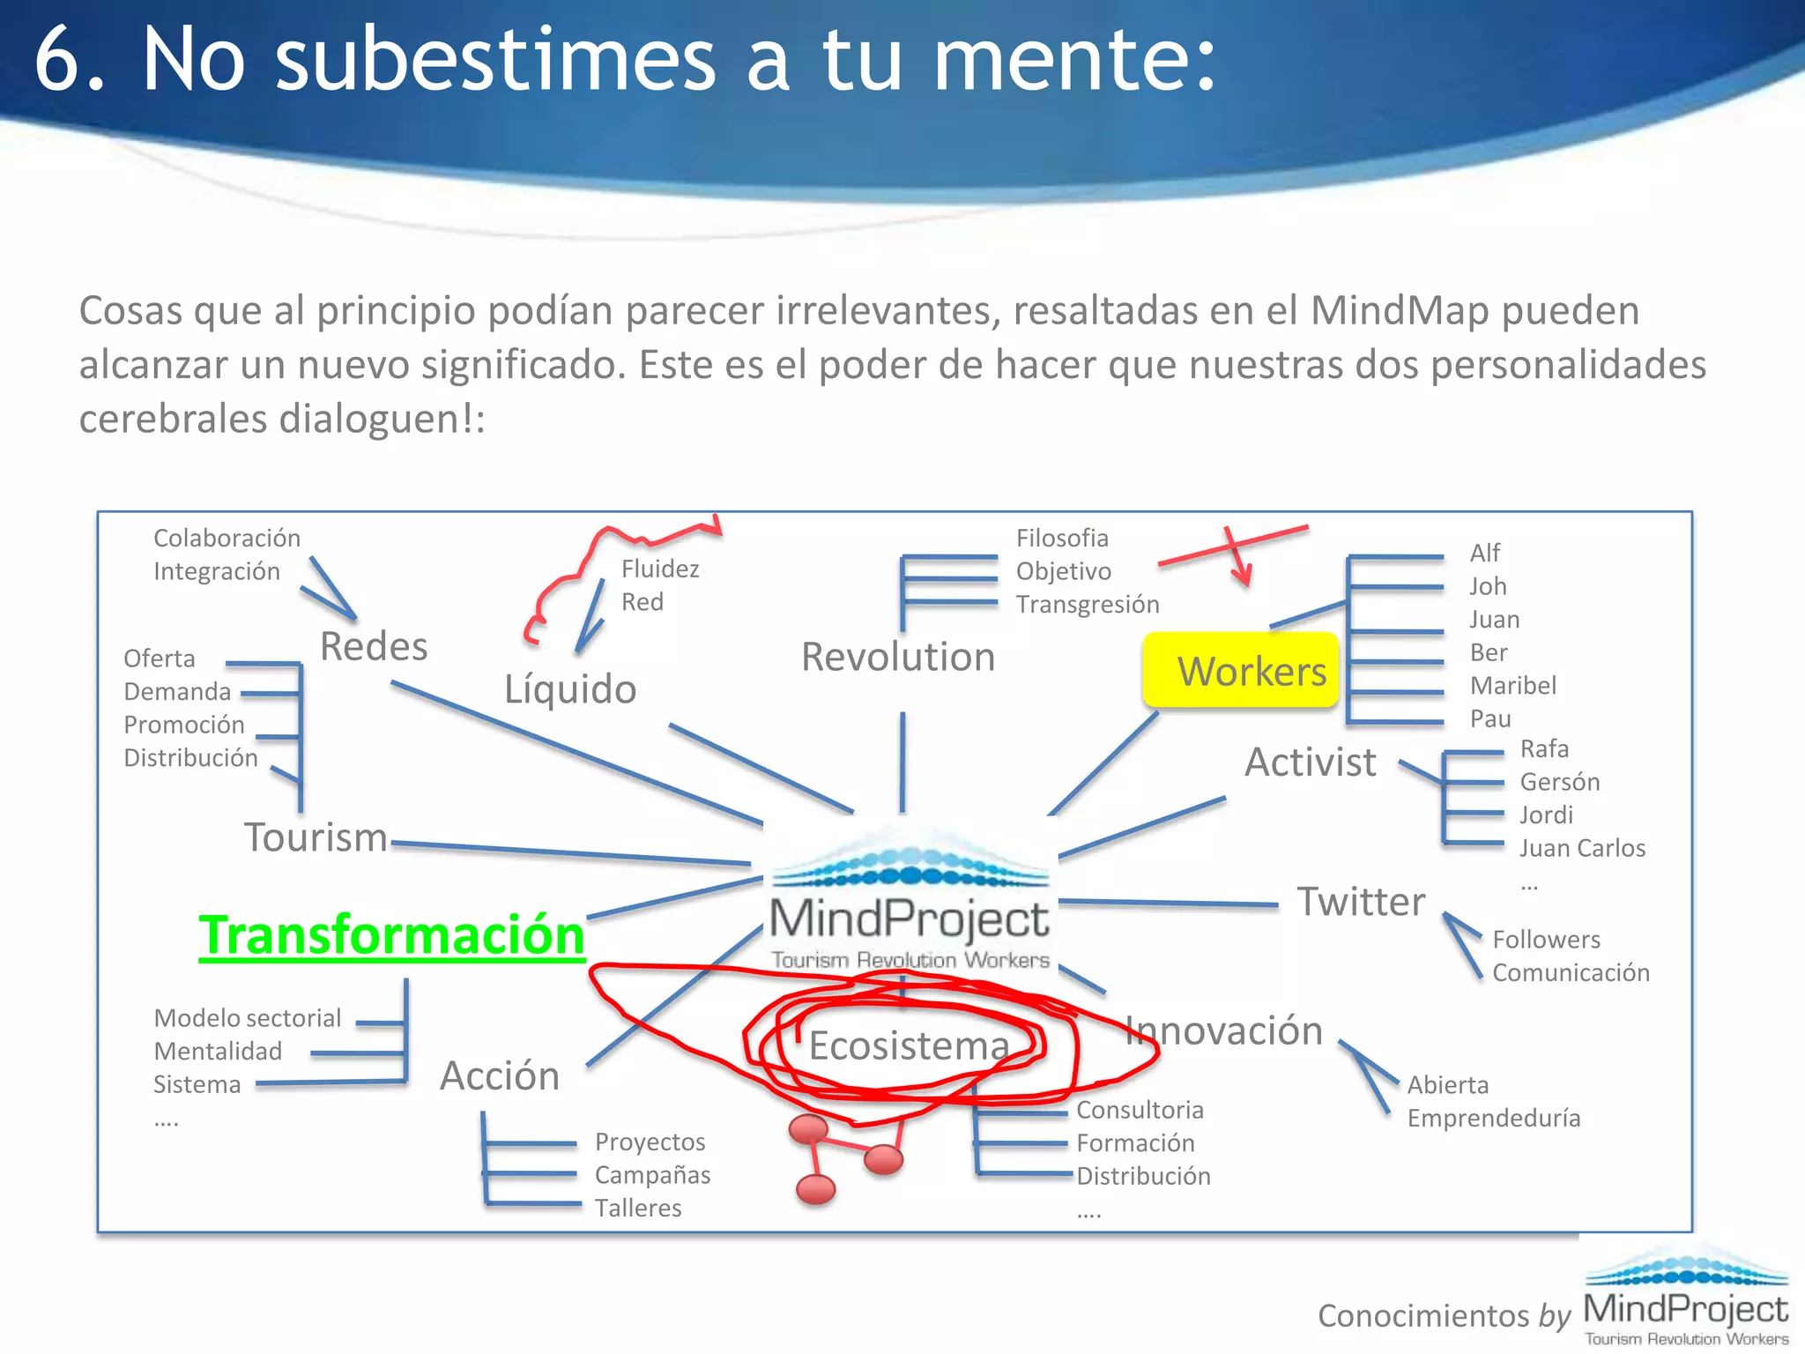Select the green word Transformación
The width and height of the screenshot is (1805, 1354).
pyautogui.click(x=391, y=935)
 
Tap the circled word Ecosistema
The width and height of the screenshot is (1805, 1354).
pyautogui.click(x=908, y=1046)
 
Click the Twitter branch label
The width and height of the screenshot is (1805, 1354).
pyautogui.click(x=1361, y=902)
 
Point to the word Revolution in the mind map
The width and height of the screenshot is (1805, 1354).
pyautogui.click(x=898, y=657)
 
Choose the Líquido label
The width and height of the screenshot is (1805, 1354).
pyautogui.click(x=570, y=688)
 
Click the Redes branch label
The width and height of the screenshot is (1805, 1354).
pyautogui.click(x=374, y=646)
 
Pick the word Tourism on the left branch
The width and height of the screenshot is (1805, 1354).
pyautogui.click(x=316, y=837)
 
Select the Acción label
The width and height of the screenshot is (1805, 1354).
pyautogui.click(x=500, y=1076)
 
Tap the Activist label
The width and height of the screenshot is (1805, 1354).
pyautogui.click(x=1310, y=763)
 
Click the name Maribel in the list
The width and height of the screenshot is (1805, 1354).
pyautogui.click(x=1512, y=685)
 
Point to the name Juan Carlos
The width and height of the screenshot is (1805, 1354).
pyautogui.click(x=1582, y=848)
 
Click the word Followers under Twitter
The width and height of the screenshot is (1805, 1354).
pyautogui.click(x=1546, y=940)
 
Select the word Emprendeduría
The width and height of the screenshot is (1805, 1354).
pyautogui.click(x=1493, y=1119)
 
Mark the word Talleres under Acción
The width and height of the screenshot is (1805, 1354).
pyautogui.click(x=638, y=1208)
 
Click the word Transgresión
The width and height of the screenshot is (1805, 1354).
pyautogui.click(x=1088, y=605)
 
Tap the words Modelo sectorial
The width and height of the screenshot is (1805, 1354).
pyautogui.click(x=247, y=1018)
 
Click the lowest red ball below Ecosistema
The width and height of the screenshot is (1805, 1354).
pyautogui.click(x=815, y=1189)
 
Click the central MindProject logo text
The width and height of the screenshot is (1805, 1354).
pyautogui.click(x=909, y=919)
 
